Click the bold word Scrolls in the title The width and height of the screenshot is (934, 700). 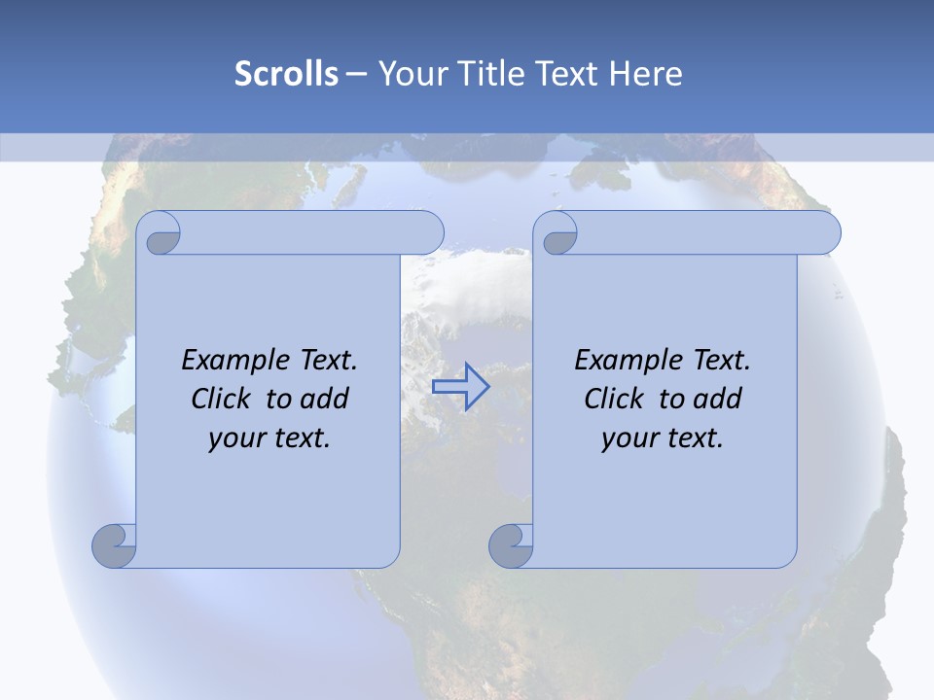click(x=286, y=74)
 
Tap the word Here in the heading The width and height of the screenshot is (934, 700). click(x=645, y=74)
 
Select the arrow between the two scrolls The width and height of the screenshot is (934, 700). click(x=460, y=387)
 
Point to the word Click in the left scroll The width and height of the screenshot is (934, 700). click(x=223, y=399)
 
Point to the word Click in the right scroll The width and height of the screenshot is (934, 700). click(x=616, y=399)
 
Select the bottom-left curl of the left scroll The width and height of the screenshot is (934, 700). click(x=115, y=545)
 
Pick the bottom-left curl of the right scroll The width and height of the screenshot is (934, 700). click(x=511, y=545)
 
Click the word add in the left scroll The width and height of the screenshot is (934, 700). click(x=325, y=399)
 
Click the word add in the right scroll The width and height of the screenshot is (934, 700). click(x=718, y=399)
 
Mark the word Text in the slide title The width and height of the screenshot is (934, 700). click(x=567, y=74)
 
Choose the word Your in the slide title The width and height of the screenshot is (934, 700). click(x=410, y=74)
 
